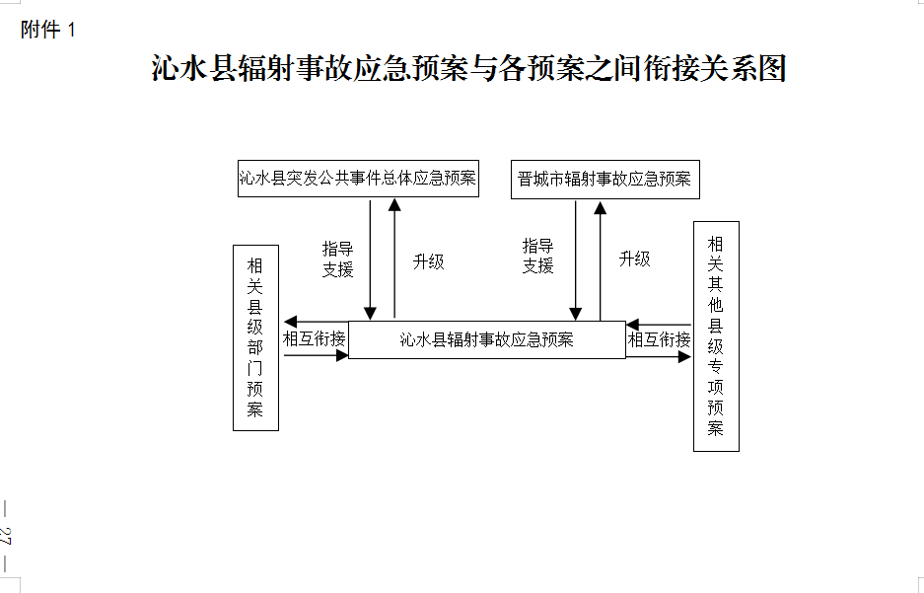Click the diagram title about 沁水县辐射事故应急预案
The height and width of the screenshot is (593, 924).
click(469, 68)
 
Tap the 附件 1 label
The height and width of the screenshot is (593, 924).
click(48, 30)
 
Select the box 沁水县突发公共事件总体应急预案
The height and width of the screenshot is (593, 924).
click(358, 179)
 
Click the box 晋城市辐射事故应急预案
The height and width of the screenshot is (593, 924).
click(605, 180)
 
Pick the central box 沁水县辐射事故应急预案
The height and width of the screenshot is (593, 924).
click(487, 339)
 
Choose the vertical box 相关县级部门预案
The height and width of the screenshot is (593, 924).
click(255, 337)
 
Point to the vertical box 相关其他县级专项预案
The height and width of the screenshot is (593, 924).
click(716, 336)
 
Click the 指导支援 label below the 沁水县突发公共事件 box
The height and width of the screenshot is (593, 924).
click(337, 259)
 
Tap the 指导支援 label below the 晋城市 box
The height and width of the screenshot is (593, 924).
click(538, 256)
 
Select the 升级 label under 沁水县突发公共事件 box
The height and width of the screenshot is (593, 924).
click(428, 261)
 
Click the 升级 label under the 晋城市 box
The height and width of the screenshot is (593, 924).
click(635, 259)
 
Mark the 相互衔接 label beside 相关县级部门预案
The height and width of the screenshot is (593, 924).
click(315, 339)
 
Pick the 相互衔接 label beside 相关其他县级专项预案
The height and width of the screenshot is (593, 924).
click(660, 339)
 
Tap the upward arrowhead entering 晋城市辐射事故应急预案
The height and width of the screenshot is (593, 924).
click(600, 207)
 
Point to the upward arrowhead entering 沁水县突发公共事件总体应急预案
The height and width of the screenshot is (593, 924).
click(394, 205)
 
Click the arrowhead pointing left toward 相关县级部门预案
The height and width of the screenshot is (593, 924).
click(290, 322)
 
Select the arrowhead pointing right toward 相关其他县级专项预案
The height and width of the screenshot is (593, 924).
click(684, 356)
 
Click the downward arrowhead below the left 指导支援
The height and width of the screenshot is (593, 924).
click(370, 314)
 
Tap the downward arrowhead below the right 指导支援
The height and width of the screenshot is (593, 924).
click(576, 314)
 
